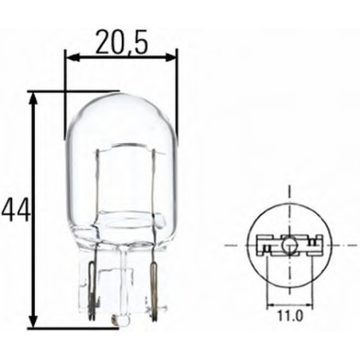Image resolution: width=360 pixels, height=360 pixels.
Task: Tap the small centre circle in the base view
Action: click(x=288, y=245)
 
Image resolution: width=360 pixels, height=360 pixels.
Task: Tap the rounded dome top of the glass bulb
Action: click(x=121, y=99)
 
